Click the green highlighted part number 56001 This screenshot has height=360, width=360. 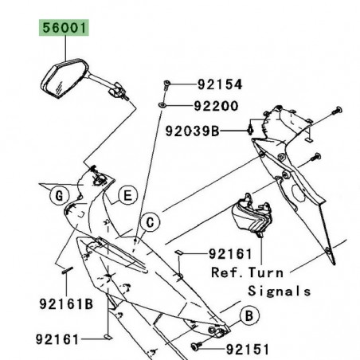62,30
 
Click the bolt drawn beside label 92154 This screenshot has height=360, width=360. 165,84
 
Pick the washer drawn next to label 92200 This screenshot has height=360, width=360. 162,104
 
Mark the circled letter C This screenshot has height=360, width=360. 147,223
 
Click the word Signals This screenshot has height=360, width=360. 280,291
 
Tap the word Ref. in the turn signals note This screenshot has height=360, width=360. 226,272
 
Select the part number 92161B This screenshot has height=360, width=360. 65,303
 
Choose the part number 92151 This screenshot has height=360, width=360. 247,348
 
